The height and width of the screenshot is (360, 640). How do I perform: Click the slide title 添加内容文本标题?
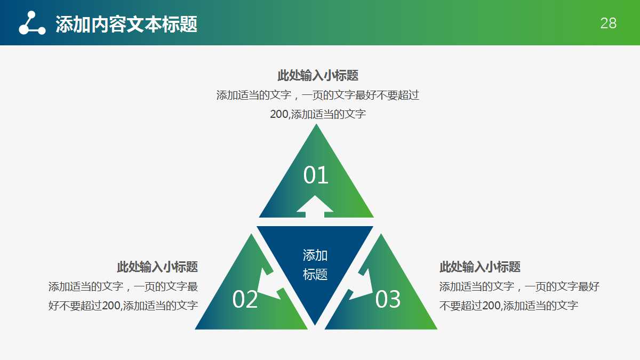click(126, 23)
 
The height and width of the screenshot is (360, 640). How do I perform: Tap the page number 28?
click(608, 23)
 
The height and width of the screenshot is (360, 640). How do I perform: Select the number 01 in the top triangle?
click(316, 175)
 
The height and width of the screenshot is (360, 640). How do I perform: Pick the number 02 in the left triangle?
click(245, 300)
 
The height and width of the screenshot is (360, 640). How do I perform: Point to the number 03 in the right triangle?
click(388, 300)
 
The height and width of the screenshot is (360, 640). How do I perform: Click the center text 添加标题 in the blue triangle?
click(315, 265)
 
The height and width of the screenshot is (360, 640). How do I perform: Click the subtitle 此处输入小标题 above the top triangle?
click(318, 75)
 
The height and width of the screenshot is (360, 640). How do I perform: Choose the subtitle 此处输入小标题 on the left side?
click(157, 267)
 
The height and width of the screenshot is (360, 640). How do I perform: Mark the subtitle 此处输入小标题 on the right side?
click(480, 267)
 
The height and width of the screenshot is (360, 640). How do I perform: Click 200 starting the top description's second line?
click(279, 114)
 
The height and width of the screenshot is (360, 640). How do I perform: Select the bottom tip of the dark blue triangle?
click(315, 323)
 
